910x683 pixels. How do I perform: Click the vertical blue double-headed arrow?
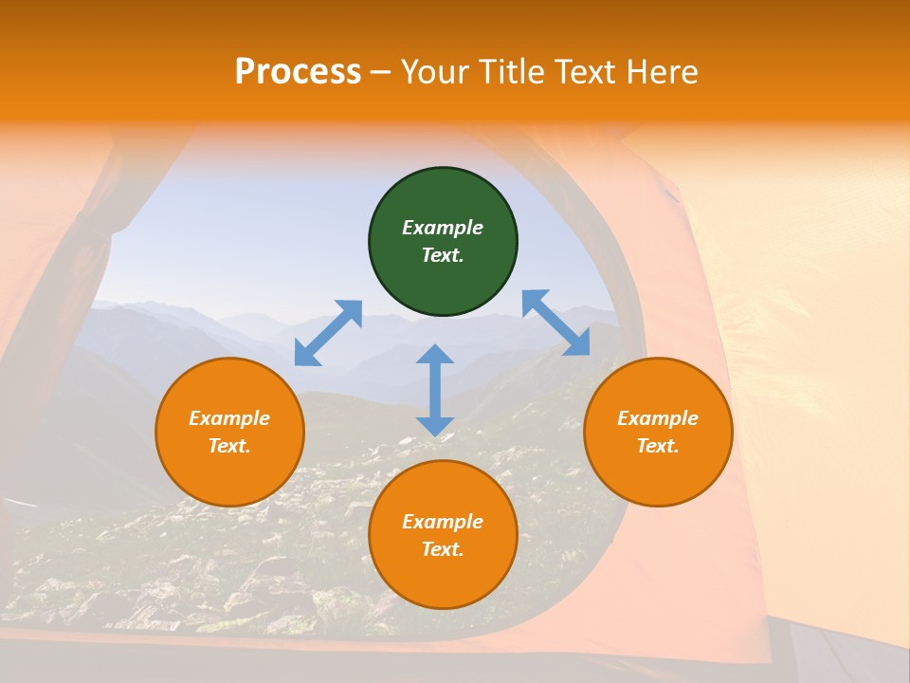[435, 390]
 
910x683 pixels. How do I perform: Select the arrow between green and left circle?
[328, 333]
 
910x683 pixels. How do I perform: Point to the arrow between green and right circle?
[555, 323]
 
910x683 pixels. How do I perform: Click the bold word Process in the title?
[298, 72]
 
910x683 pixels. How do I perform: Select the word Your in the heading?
[435, 72]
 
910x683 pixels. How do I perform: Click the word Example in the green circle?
[443, 228]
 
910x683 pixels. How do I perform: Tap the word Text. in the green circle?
[443, 255]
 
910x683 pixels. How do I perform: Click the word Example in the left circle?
[229, 418]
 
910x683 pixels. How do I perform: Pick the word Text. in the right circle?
[658, 446]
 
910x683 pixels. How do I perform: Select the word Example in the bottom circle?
[443, 522]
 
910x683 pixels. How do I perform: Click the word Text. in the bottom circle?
[443, 549]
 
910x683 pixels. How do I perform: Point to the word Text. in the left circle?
[229, 446]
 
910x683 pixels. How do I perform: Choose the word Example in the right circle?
[658, 418]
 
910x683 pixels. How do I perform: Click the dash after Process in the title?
[381, 73]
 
